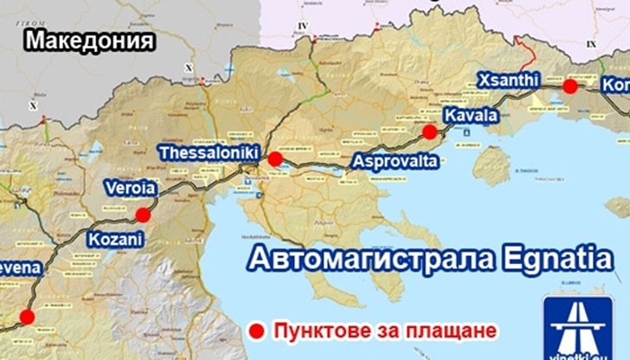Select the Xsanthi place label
coord(508,79)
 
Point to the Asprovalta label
coord(395,161)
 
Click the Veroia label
coord(130,188)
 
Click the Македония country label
coord(90,40)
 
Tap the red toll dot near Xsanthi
coord(569,87)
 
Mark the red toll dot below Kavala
coord(429,132)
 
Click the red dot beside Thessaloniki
coord(274,158)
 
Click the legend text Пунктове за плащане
coord(385,331)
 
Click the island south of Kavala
coord(492,164)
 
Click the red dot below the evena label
coord(27,317)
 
